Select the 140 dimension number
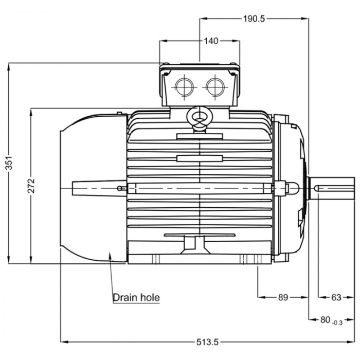(211, 41)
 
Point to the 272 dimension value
(31, 186)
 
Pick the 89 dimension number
(282, 297)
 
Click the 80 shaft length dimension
(325, 319)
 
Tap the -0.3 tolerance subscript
(337, 322)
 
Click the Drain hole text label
(136, 297)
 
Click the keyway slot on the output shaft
(334, 188)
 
